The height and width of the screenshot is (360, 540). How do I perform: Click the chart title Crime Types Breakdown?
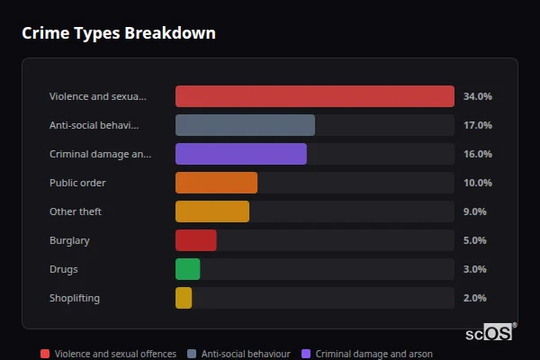point(118,33)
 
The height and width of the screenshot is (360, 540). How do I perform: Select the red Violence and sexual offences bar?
point(314,96)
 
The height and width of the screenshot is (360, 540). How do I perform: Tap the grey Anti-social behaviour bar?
point(245,125)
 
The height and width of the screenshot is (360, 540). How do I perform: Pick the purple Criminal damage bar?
point(240,154)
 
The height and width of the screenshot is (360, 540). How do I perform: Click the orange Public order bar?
point(216,183)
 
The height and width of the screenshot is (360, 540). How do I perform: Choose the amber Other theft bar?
point(211,211)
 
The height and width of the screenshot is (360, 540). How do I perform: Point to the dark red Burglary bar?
point(195,240)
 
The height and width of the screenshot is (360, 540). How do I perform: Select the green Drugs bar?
point(187,269)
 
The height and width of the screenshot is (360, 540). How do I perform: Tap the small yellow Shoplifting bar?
point(184,298)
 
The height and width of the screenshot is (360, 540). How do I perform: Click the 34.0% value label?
point(477,96)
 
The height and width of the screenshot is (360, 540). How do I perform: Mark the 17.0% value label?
point(477,125)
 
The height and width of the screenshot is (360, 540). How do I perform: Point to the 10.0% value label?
point(477,183)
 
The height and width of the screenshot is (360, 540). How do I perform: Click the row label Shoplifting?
point(75,298)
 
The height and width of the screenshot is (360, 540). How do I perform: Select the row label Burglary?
point(69,240)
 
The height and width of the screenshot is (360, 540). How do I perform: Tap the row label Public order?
point(77,183)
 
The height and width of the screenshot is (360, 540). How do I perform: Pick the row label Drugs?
point(63,269)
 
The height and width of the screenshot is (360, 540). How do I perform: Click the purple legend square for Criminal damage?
point(306,354)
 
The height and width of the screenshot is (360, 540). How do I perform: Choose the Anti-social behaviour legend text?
point(246,354)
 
